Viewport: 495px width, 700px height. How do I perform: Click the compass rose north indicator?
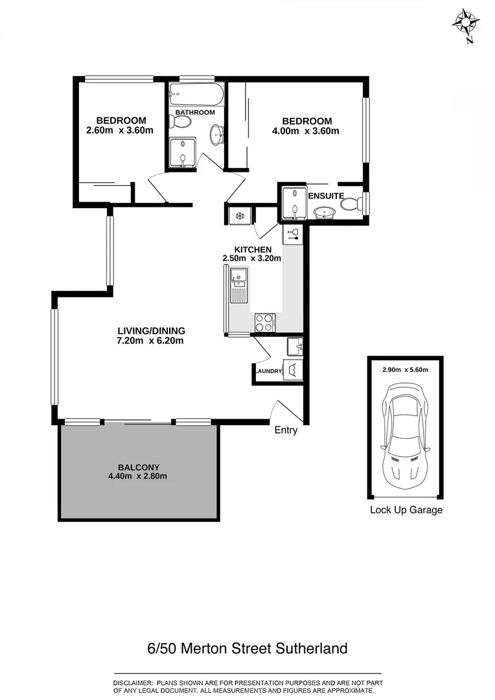coord(466,23)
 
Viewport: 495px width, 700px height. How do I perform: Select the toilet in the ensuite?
coord(351,205)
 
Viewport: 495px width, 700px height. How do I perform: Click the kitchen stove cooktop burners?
coord(265,322)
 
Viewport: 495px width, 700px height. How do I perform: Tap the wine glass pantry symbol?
coord(292,233)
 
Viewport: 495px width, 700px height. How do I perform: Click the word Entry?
coord(286,430)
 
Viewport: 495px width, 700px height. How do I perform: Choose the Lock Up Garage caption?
coord(406,510)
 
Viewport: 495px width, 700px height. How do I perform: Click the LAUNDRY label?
coord(268,371)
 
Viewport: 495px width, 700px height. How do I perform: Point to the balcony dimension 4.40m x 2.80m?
coord(138,476)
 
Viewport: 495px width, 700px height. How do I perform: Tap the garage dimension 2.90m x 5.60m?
coord(405,369)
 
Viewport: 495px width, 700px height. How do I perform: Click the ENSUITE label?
coord(322,195)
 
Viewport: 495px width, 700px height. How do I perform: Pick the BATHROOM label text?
coord(194,113)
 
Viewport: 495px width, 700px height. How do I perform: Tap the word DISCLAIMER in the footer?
coord(132,683)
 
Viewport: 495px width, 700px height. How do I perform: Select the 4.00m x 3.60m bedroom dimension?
coord(306,131)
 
